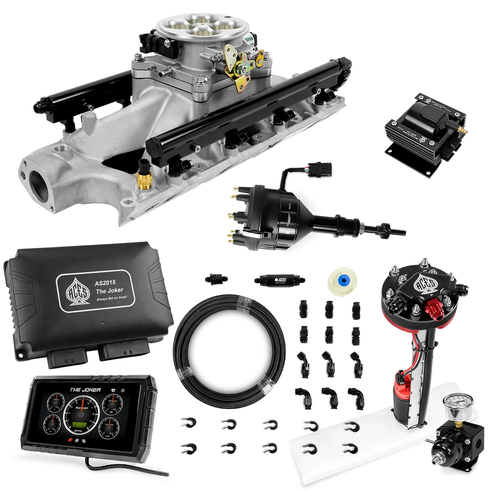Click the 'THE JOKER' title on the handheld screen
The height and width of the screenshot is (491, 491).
[x=85, y=390]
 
